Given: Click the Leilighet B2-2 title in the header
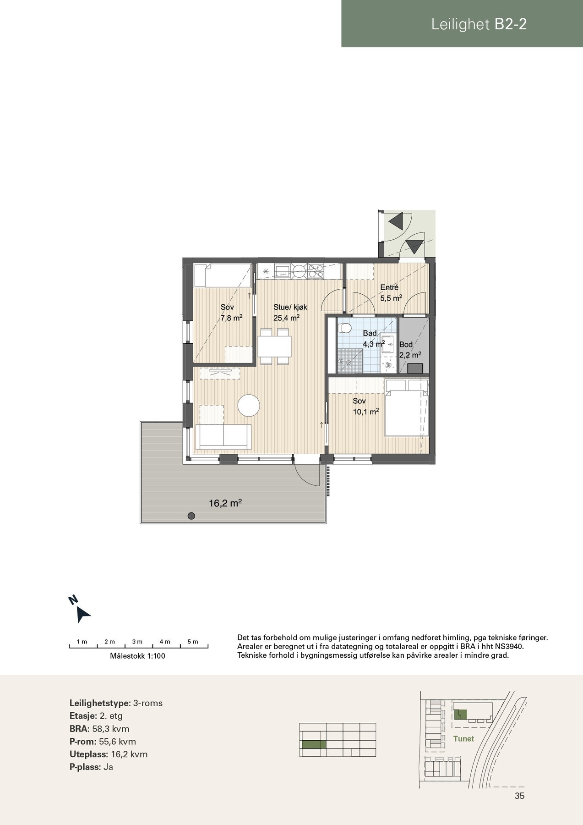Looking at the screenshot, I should pyautogui.click(x=479, y=24).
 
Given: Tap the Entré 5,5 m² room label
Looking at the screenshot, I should pyautogui.click(x=391, y=293).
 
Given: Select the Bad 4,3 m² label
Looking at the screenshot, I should pyautogui.click(x=372, y=339).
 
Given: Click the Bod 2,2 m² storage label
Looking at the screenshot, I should pyautogui.click(x=409, y=350).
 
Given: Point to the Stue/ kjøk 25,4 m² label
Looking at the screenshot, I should pyautogui.click(x=287, y=312).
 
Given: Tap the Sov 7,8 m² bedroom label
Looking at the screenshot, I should pyautogui.click(x=231, y=312).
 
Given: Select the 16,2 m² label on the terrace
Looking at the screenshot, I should pyautogui.click(x=225, y=503).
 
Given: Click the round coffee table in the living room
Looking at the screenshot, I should pyautogui.click(x=249, y=406).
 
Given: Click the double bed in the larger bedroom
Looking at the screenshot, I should pyautogui.click(x=405, y=408).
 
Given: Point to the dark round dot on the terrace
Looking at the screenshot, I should pyautogui.click(x=191, y=516).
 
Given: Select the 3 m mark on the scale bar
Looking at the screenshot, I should pyautogui.click(x=137, y=642).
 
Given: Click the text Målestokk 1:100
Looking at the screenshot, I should pyautogui.click(x=137, y=656).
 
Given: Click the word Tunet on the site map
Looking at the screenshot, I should pyautogui.click(x=463, y=738).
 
